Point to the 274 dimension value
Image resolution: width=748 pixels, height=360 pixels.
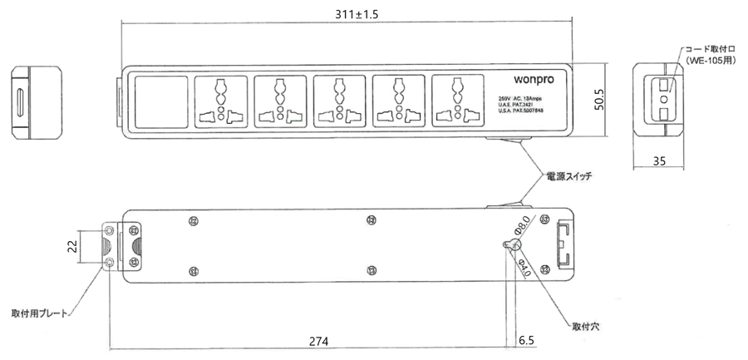pos(319,342)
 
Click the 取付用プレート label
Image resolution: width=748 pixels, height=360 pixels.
pos(38,313)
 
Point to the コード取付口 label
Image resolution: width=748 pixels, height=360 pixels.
pos(711,49)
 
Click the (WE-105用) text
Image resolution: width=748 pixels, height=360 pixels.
pos(711,62)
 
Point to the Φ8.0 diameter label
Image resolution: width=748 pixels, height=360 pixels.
pos(523,226)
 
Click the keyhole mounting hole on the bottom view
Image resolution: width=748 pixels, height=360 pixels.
pos(512,245)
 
